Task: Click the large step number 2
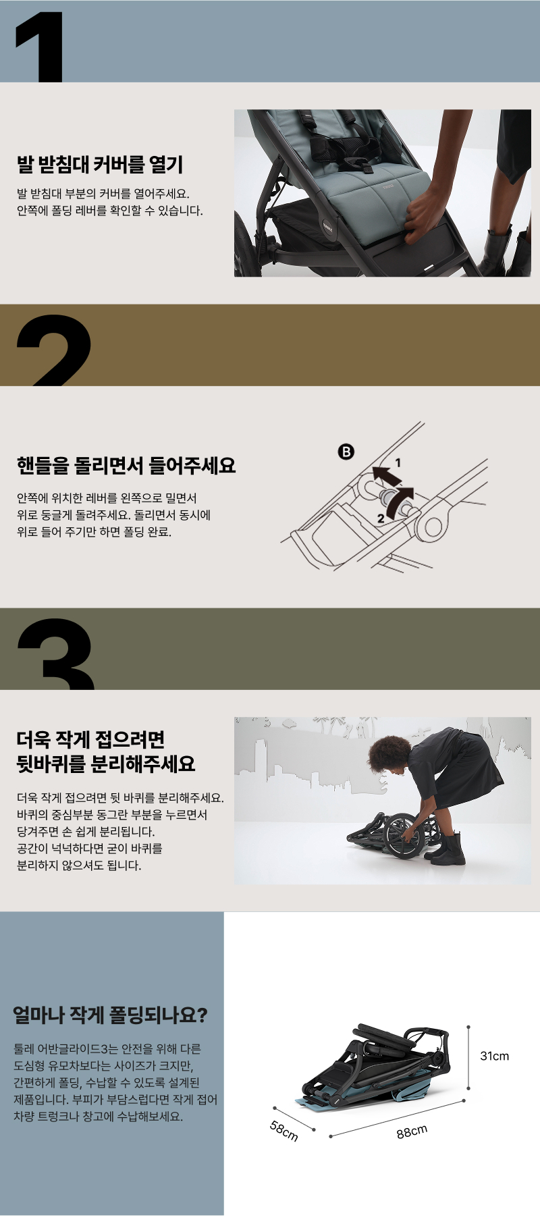53,351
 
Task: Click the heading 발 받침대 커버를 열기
99,164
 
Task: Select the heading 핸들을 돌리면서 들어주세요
126,465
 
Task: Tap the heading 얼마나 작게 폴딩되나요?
110,1015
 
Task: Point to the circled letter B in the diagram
346,452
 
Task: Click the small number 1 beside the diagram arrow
398,462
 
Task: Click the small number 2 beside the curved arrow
381,518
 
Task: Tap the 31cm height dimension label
494,1056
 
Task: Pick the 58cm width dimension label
284,1131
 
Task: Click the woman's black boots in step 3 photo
446,849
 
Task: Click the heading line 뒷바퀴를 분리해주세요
106,764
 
